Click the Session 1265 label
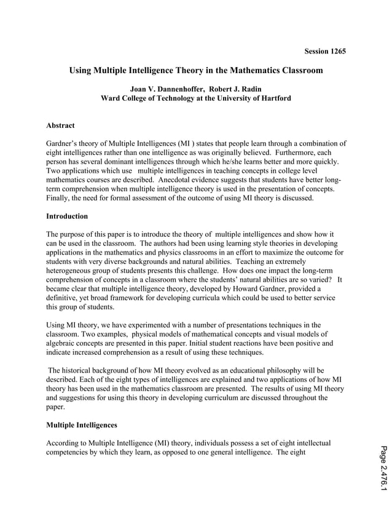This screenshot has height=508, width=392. pos(325,51)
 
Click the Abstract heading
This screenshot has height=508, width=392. pos(60,126)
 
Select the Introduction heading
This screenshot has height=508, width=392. pos(67,216)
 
